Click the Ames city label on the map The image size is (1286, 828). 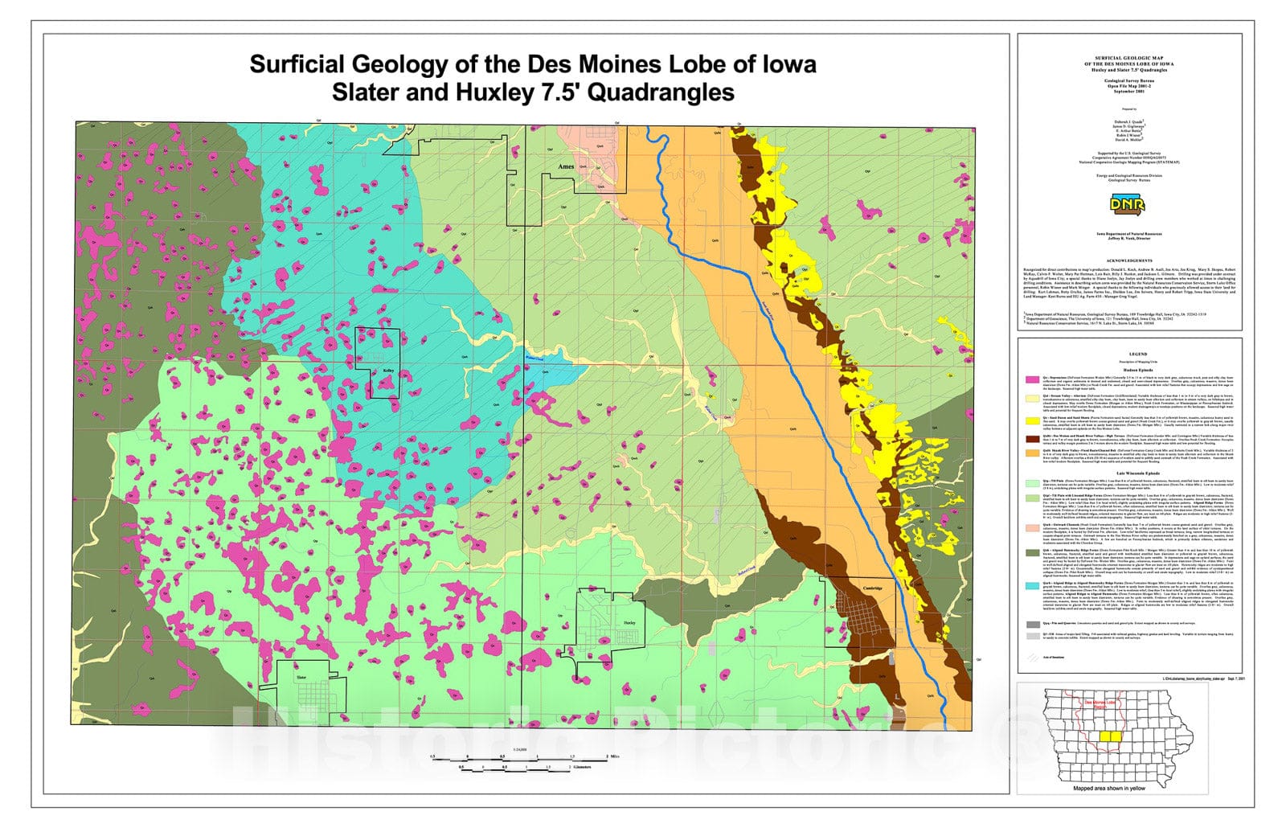tap(567, 167)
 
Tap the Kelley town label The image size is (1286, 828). tap(388, 371)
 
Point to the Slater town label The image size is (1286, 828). tap(301, 678)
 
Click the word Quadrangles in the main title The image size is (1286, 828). tap(661, 92)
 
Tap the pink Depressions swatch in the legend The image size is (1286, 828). tap(1031, 378)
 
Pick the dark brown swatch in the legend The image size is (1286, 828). tap(1031, 440)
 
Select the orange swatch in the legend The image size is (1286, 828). tap(1031, 453)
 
